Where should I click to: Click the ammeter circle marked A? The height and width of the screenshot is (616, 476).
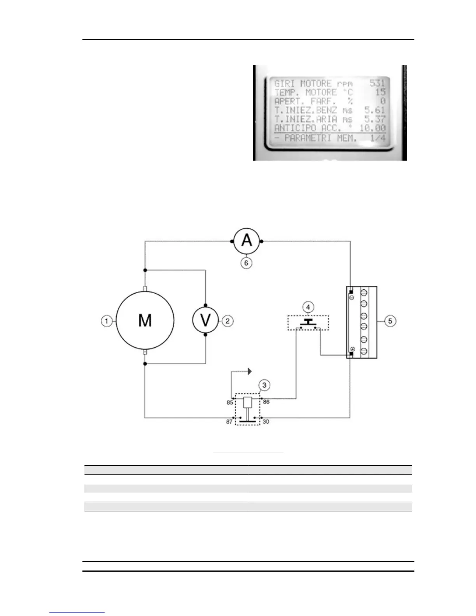pos(247,241)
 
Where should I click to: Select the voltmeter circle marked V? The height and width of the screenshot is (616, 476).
pos(205,320)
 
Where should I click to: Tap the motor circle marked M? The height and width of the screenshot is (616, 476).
pos(145,320)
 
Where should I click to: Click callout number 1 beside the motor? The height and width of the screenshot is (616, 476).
pos(106,321)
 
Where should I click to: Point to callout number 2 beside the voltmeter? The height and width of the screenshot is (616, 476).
pos(227,321)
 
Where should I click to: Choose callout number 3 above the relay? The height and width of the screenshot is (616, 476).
pos(264,385)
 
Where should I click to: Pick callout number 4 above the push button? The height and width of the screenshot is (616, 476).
pos(308,308)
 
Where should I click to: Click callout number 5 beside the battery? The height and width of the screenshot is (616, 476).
pos(390,321)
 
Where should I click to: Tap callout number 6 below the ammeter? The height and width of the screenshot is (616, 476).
pos(246,263)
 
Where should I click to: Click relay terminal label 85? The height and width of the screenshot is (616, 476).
pos(230,402)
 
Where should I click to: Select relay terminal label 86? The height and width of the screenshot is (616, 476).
pos(266,402)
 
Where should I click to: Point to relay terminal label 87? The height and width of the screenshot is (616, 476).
pos(229,422)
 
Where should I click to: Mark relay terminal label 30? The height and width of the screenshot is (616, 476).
pos(266,422)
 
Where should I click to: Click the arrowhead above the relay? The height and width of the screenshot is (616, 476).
pos(250,371)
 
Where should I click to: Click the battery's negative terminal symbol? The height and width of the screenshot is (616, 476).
pos(352,297)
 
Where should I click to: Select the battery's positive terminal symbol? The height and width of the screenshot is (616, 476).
pos(352,349)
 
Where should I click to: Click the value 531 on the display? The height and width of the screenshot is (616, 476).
pos(377,83)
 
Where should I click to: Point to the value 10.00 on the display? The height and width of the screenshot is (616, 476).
pos(373,128)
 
